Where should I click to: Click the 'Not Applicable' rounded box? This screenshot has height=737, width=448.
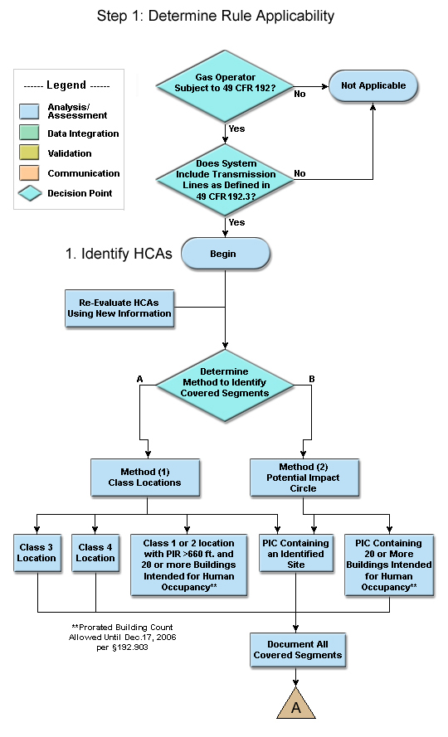pos(373,85)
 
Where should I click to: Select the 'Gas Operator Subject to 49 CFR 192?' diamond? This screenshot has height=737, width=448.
pos(225,86)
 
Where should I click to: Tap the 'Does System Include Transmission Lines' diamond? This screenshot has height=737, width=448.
pos(225,180)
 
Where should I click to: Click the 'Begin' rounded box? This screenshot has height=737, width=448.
pos(226,254)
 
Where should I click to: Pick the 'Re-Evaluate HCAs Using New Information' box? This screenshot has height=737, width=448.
pos(119,308)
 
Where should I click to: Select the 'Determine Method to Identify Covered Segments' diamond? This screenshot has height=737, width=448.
pos(225,385)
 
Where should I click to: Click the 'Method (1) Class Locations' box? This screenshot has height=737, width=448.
pos(145,478)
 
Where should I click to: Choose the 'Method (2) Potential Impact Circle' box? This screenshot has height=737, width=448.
pos(304,478)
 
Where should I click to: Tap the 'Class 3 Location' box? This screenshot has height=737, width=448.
pos(37,553)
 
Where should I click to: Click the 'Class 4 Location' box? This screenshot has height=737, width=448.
pos(95,553)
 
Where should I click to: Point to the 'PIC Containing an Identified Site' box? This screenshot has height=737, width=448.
pos(296,553)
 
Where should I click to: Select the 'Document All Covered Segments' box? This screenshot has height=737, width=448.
pos(297,650)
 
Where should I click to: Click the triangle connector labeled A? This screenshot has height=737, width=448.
pos(296,704)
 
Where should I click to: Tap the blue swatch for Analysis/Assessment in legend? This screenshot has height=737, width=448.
pos(29,111)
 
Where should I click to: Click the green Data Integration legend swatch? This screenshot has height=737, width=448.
pos(29,133)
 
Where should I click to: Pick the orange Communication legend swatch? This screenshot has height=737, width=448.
pos(29,172)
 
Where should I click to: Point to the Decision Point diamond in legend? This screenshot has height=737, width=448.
pos(30,193)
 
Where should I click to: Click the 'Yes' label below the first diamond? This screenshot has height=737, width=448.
pos(236,128)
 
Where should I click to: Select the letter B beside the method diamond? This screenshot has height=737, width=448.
pos(312,378)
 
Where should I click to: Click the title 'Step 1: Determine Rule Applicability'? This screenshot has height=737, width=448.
pos(216,16)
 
